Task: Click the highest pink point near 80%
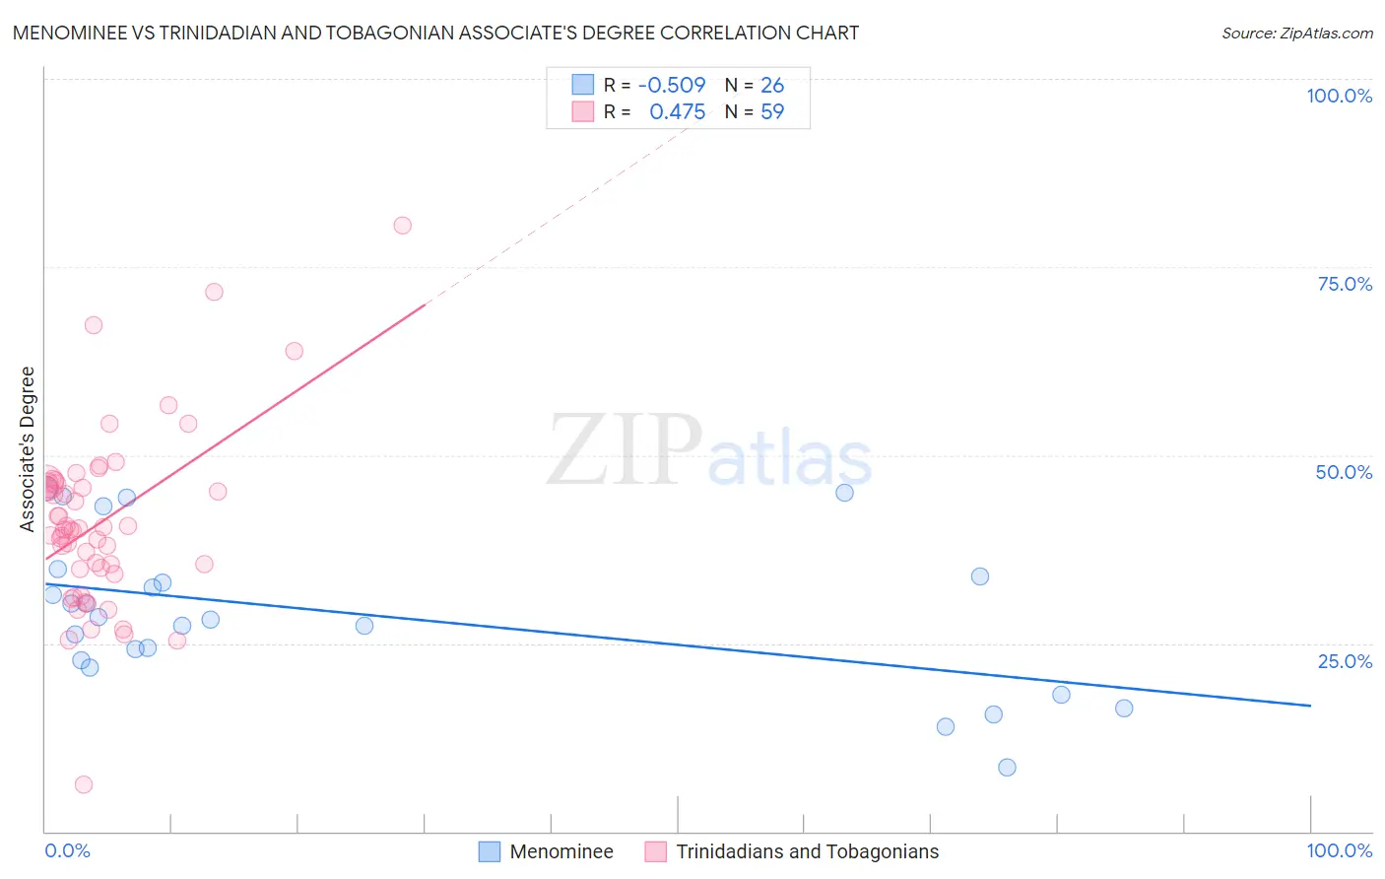click(x=402, y=226)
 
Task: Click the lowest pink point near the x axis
click(x=84, y=784)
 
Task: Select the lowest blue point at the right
click(x=1007, y=768)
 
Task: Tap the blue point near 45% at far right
click(x=844, y=493)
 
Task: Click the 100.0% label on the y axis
click(x=1339, y=96)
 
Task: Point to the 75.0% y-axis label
click(x=1345, y=284)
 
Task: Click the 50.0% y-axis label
click(x=1344, y=472)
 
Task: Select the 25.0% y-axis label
click(x=1345, y=661)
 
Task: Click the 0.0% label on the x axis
click(x=67, y=850)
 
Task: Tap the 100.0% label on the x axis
click(x=1339, y=850)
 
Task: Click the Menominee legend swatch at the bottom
click(x=490, y=851)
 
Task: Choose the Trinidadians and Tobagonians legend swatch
click(x=656, y=851)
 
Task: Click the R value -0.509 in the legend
click(x=672, y=85)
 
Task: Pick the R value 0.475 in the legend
click(x=677, y=112)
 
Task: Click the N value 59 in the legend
click(x=772, y=112)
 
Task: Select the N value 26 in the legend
click(x=772, y=85)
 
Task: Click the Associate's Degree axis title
click(x=28, y=449)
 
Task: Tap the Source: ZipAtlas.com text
click(x=1296, y=34)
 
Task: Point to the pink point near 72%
click(x=214, y=292)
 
